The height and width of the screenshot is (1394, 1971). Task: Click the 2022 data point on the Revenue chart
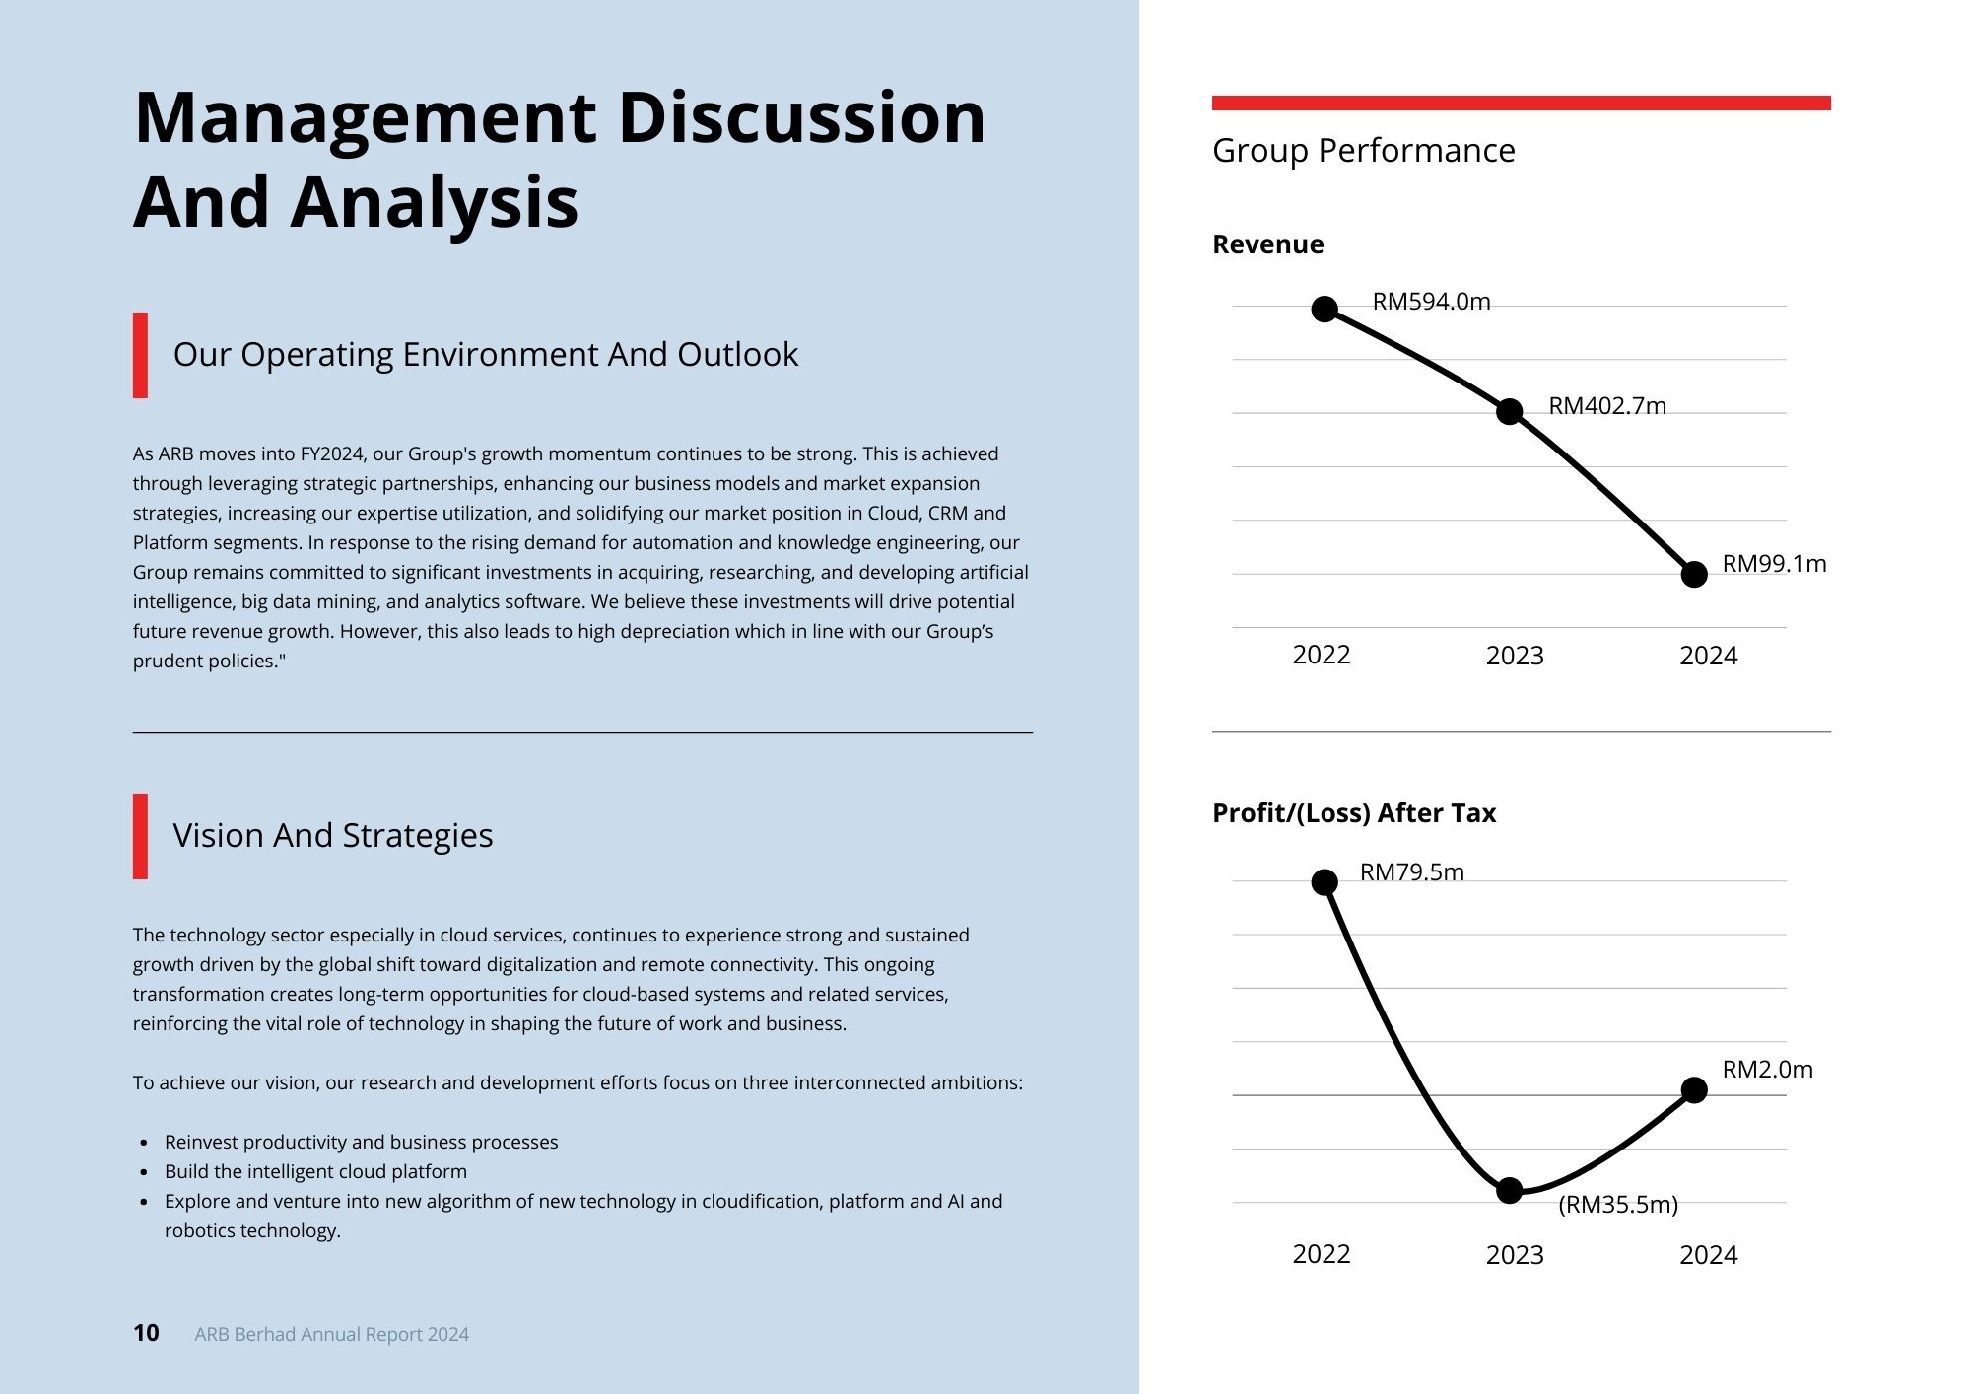point(1325,309)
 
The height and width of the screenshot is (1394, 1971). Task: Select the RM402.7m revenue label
point(1606,406)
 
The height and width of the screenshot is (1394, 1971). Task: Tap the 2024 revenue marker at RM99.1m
point(1693,574)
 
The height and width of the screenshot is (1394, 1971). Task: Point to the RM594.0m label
point(1431,302)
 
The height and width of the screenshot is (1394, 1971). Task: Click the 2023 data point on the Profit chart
point(1509,1190)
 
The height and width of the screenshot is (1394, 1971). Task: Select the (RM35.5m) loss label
point(1617,1205)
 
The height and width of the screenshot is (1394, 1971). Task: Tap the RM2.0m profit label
point(1767,1070)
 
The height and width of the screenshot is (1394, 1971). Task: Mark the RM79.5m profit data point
point(1325,881)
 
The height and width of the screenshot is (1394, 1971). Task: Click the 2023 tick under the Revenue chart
point(1514,656)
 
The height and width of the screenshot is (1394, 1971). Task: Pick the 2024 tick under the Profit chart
point(1708,1255)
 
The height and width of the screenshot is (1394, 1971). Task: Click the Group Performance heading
point(1363,151)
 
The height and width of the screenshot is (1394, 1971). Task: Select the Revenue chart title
point(1267,244)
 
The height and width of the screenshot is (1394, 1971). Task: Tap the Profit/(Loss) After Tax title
point(1353,813)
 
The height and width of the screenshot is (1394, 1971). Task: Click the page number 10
point(146,1333)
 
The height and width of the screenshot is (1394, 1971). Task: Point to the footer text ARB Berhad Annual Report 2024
point(331,1334)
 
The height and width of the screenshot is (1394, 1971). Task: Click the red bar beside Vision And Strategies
point(140,836)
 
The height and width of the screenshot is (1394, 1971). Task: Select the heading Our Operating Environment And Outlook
point(485,355)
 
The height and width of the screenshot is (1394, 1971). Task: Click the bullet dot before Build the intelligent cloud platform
point(145,1172)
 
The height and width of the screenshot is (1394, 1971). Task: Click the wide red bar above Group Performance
point(1521,103)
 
